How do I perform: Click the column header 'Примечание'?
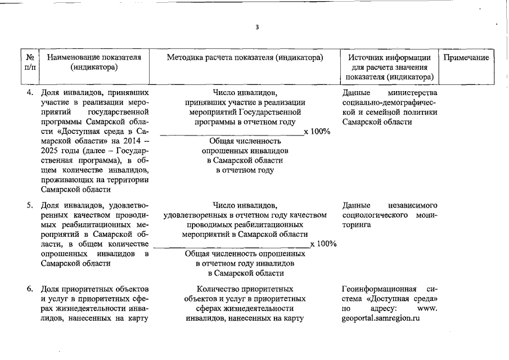(466, 58)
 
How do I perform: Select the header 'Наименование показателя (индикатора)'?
(94, 62)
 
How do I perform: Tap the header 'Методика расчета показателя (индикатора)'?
(245, 58)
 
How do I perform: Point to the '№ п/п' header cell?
(30, 62)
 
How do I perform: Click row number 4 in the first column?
(30, 92)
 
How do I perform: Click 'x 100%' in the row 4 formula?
(317, 132)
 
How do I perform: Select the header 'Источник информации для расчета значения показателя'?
(390, 67)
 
